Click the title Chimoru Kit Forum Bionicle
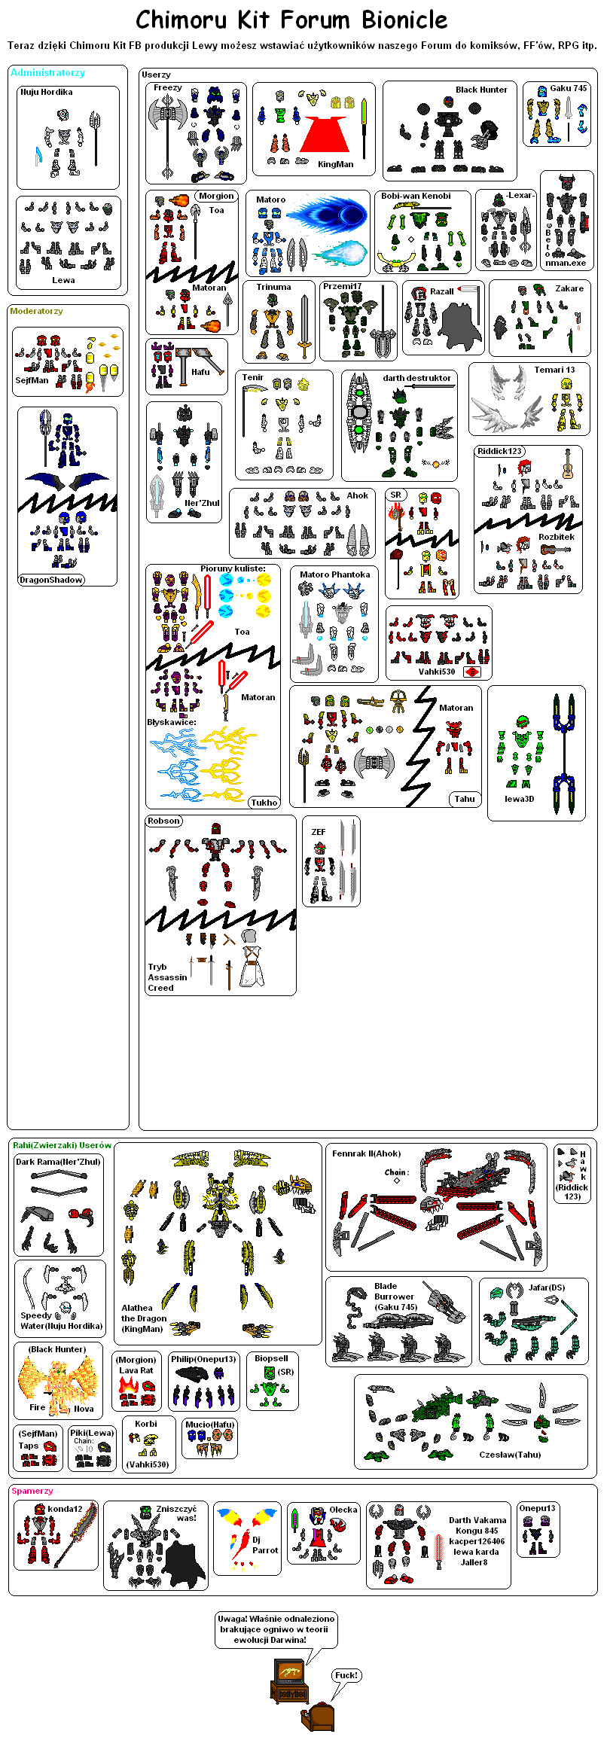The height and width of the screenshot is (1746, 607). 291,20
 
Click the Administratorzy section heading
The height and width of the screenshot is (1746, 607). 47,73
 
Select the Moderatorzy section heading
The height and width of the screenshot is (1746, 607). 37,311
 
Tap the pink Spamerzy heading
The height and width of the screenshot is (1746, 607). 32,1491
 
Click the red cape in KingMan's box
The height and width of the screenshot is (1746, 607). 325,133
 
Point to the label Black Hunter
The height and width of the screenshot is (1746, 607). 481,90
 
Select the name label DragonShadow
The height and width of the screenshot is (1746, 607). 51,580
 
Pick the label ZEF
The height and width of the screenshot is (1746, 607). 319,832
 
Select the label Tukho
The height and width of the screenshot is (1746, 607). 264,803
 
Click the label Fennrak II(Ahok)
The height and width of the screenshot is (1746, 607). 367,1153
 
